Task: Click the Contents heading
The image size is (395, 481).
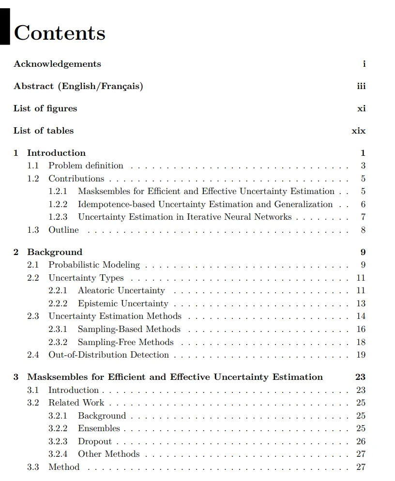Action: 60,33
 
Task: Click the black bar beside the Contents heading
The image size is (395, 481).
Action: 5,27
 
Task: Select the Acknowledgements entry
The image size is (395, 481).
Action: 57,64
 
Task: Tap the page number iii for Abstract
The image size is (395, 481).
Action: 361,86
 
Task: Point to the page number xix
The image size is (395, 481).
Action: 359,131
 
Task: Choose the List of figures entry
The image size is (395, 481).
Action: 45,108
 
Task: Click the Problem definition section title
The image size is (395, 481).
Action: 86,165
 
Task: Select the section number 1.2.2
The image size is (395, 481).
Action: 58,204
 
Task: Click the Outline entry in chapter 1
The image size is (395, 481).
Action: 63,230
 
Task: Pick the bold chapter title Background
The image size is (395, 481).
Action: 55,252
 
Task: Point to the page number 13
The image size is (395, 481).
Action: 361,303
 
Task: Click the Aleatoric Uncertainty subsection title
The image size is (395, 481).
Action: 121,290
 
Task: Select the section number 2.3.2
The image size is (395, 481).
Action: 58,342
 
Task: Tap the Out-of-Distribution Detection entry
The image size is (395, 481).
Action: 108,355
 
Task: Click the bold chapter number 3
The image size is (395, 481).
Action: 16,377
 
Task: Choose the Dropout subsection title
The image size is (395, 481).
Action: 95,441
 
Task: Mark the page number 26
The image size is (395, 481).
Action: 361,441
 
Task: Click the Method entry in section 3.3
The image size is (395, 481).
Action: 64,467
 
